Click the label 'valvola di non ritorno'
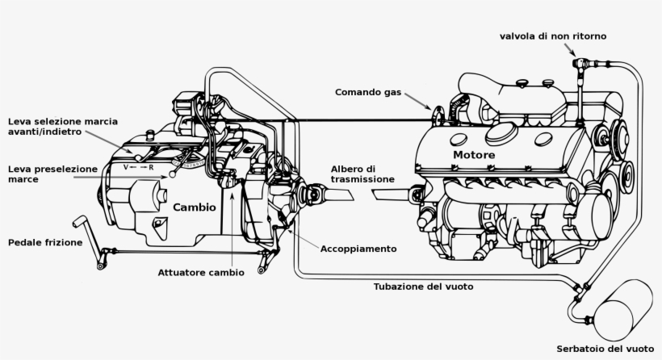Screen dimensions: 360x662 click(553, 36)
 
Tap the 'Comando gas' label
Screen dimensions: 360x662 click(368, 92)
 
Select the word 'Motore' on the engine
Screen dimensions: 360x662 click(474, 154)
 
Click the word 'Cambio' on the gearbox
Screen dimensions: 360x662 click(195, 207)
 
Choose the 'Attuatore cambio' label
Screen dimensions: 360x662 click(200, 272)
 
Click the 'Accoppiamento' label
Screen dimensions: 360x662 click(358, 249)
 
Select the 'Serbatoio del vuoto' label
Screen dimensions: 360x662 click(605, 349)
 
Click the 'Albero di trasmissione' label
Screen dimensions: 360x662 click(362, 174)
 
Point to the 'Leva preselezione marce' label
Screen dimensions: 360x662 click(52, 174)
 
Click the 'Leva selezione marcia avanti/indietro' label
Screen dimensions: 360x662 click(62, 127)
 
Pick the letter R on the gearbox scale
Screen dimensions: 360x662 click(150, 166)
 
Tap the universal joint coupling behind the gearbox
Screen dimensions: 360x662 click(312, 195)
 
